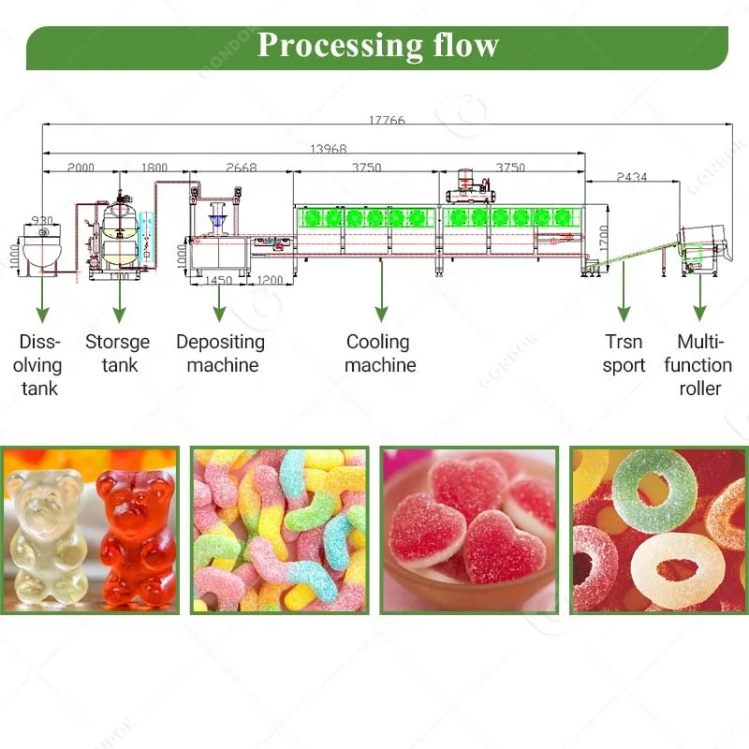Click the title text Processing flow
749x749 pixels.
[377, 45]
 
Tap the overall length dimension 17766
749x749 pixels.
[387, 120]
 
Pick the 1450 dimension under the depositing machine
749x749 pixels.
[217, 280]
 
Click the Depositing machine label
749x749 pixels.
[220, 353]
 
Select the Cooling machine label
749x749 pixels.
[379, 353]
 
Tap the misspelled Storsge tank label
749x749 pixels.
[117, 353]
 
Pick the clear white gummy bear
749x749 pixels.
[46, 534]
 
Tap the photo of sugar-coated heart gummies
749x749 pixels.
[468, 530]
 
